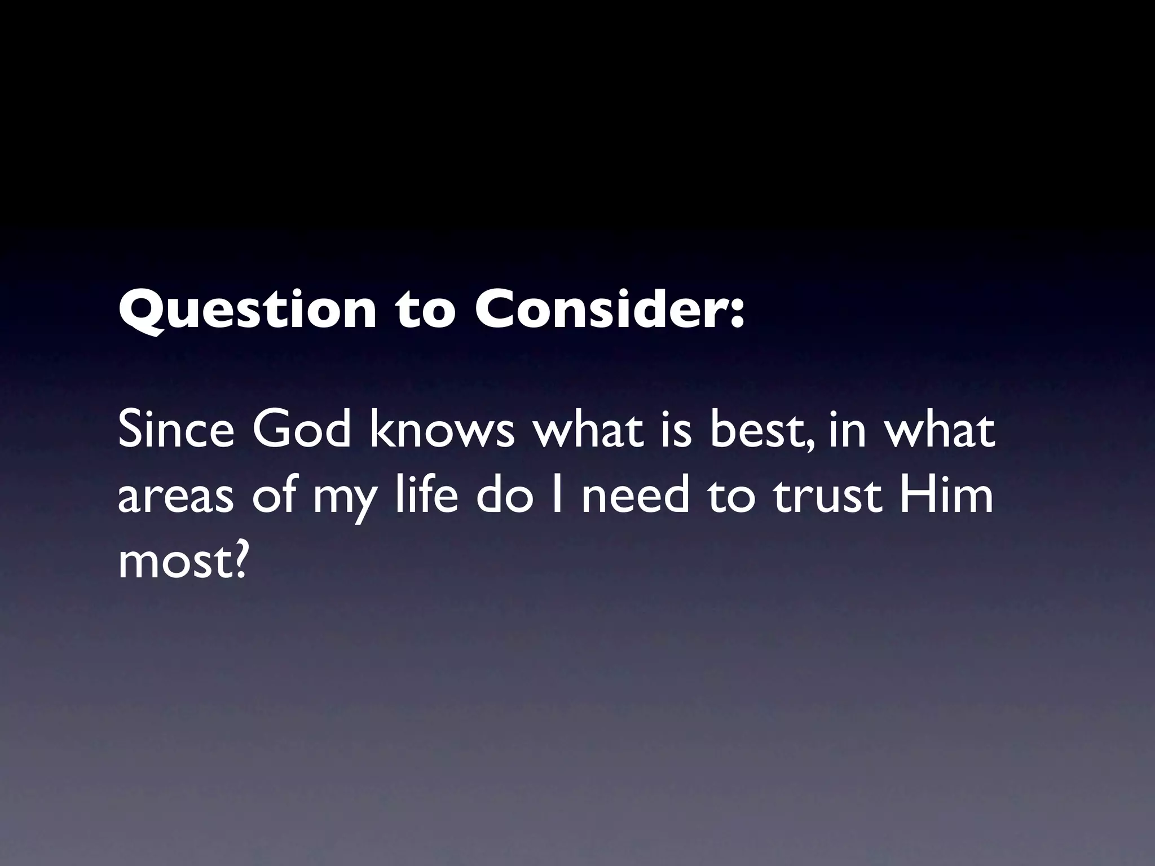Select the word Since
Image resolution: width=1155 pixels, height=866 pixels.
tap(175, 431)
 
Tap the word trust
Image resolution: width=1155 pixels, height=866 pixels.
tap(827, 496)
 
